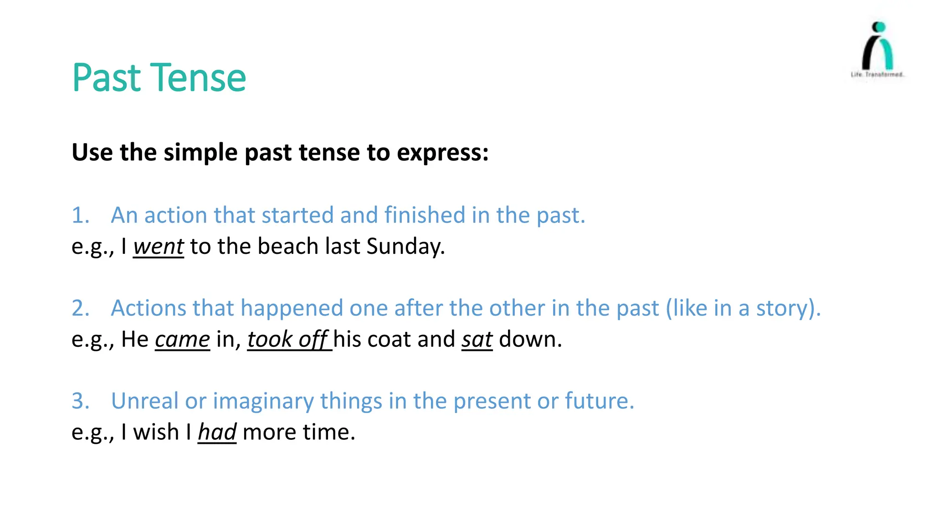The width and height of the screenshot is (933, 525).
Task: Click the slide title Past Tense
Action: [159, 78]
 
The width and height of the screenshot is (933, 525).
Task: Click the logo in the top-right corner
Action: [877, 50]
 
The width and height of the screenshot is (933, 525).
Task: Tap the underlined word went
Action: [159, 247]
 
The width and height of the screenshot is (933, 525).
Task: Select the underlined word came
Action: [182, 340]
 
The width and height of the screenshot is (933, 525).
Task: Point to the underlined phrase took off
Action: [288, 340]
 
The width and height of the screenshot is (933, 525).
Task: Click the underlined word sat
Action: [477, 340]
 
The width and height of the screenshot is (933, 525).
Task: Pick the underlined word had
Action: [217, 432]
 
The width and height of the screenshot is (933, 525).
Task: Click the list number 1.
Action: [80, 215]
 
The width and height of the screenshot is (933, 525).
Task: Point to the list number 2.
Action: [80, 308]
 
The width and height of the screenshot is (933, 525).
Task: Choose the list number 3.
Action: [80, 401]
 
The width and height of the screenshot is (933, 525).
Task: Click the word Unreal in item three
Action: [144, 401]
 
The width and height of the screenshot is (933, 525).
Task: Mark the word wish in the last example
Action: [156, 432]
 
